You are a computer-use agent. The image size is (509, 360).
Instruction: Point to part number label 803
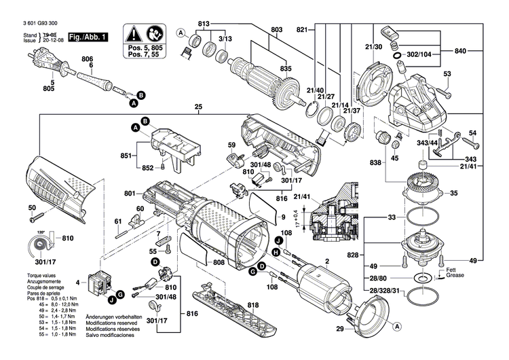[276, 30]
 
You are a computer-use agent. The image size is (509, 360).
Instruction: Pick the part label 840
[461, 51]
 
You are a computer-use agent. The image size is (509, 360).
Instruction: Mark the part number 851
[127, 155]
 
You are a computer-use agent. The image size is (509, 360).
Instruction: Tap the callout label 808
[219, 263]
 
